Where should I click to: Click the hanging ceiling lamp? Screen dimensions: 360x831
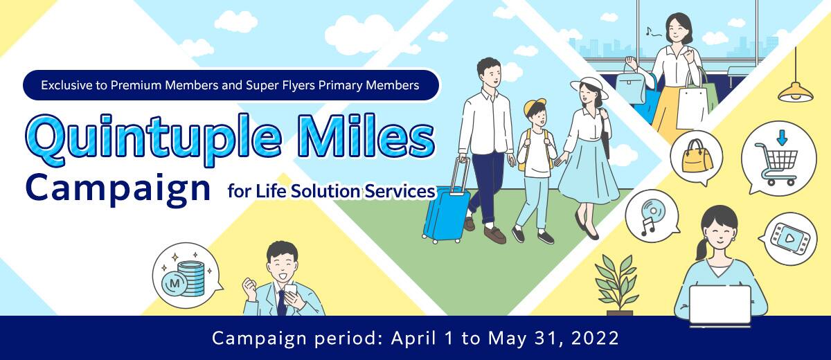click(x=794, y=91)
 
